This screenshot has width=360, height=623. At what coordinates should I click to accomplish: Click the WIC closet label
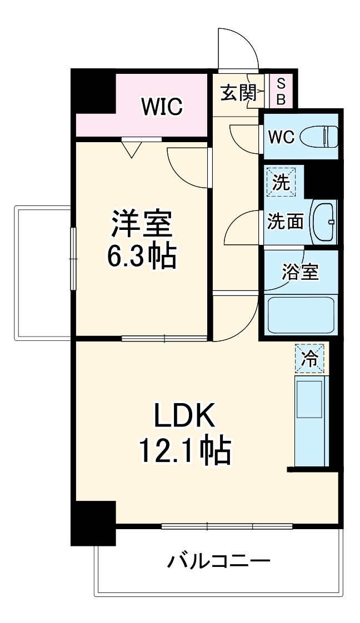point(162,107)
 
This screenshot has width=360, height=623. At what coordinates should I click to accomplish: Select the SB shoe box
point(281,92)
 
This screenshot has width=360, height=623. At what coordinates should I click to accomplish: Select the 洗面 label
point(286,222)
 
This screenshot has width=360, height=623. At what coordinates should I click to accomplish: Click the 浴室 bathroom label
point(300,272)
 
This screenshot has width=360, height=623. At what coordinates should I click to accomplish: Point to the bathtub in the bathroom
point(301,314)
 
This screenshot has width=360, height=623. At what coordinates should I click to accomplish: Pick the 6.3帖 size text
point(141,255)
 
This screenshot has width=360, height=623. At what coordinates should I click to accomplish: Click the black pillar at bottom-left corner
point(93,522)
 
